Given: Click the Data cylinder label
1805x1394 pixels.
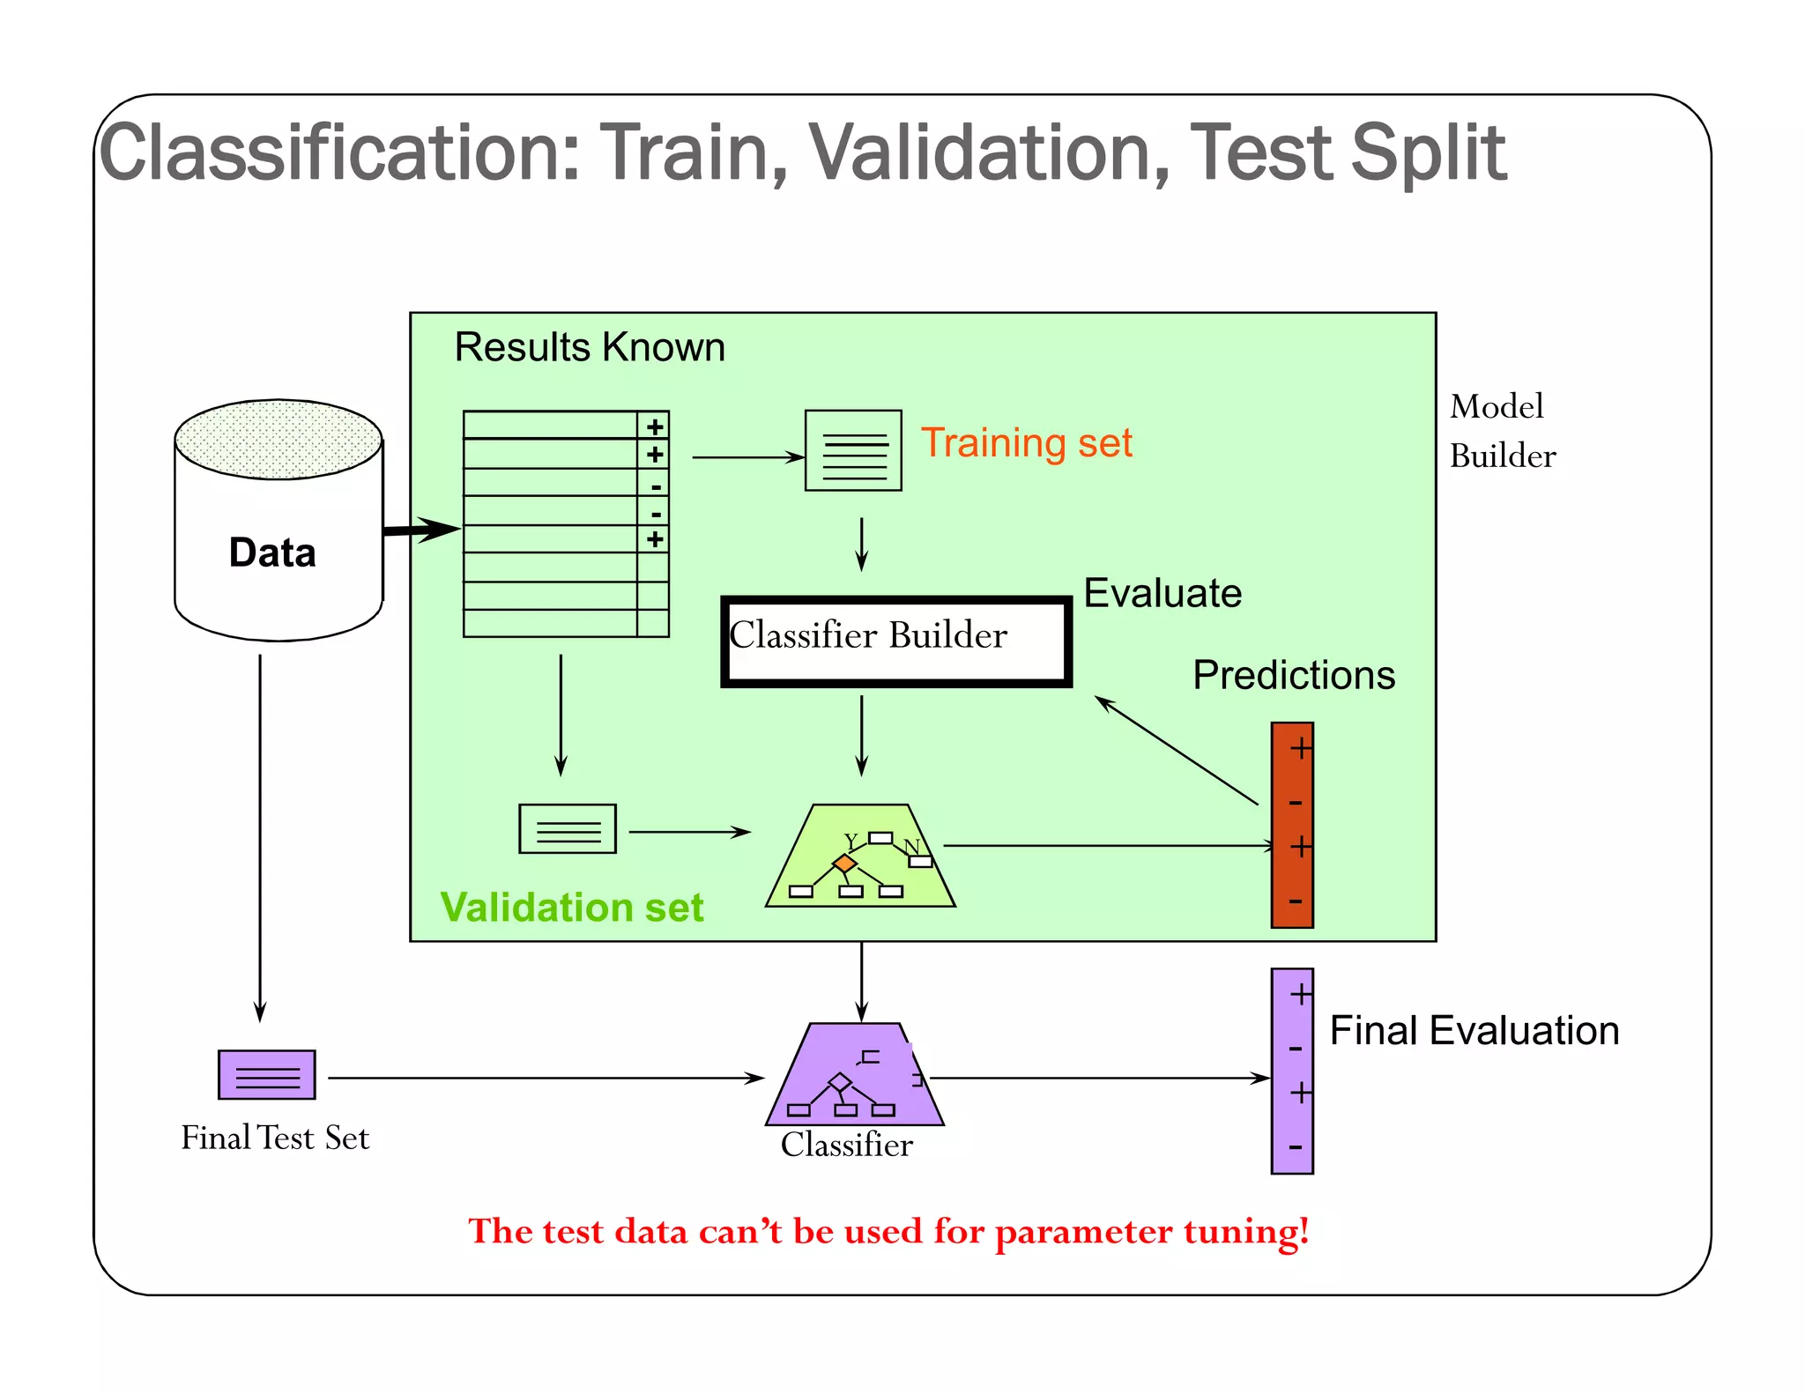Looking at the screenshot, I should (x=272, y=552).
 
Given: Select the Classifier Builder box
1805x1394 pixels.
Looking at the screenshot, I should (x=895, y=641).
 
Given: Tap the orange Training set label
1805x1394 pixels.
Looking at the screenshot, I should (x=1026, y=442).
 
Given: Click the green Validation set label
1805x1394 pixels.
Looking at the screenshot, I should (x=571, y=907).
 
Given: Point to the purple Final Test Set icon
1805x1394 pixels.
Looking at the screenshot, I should (x=266, y=1074).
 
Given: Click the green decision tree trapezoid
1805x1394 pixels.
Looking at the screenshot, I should (x=860, y=856).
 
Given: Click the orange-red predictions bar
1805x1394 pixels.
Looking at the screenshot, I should (x=1292, y=825).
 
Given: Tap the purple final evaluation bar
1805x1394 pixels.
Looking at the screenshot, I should (x=1292, y=1071).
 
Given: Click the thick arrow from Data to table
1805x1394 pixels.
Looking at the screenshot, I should (x=421, y=530).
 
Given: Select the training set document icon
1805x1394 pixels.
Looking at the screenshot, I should (x=853, y=450).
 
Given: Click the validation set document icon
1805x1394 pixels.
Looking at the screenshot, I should (x=568, y=828).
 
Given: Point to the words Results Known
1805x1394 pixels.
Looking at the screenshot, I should (x=589, y=347).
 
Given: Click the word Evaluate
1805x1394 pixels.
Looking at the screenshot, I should (x=1162, y=593).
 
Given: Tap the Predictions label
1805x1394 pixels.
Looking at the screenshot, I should (x=1293, y=675).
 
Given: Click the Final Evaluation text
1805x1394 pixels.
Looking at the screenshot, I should (x=1474, y=1030).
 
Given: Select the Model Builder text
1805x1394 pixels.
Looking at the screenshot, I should (x=1502, y=431).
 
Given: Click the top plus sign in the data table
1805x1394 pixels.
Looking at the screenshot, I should (x=655, y=426).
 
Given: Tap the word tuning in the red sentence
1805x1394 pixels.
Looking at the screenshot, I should (x=1245, y=1231).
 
